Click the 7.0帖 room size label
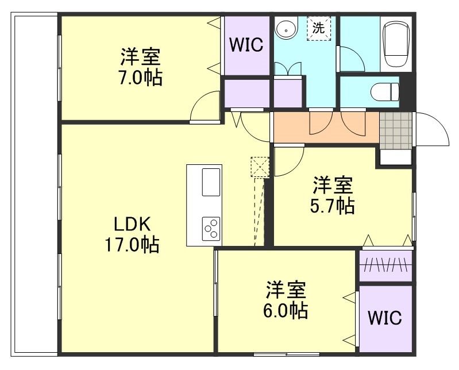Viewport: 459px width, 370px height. (141, 78)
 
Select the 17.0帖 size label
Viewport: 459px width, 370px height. (132, 245)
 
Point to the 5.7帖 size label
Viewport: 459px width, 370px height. (333, 205)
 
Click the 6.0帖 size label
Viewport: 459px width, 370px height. (286, 310)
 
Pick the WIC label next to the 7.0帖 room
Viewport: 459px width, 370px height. (246, 45)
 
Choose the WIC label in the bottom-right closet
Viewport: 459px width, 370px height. (385, 318)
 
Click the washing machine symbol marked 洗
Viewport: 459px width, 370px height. (318, 28)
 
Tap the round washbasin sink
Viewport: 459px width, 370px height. (285, 28)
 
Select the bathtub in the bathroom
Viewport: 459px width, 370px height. (396, 44)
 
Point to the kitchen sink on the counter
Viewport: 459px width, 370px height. (211, 183)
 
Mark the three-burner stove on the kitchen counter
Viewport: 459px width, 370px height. (210, 229)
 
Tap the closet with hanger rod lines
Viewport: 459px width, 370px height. (385, 265)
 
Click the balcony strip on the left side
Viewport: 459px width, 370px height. (35, 184)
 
